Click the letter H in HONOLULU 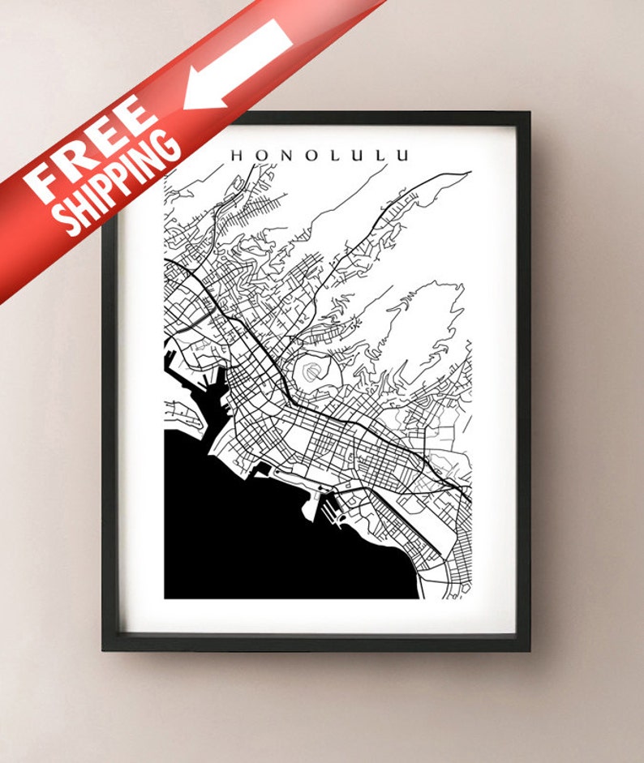(x=237, y=155)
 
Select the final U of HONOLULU (x=403, y=155)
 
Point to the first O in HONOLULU (x=261, y=155)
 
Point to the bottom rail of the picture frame (x=316, y=642)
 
